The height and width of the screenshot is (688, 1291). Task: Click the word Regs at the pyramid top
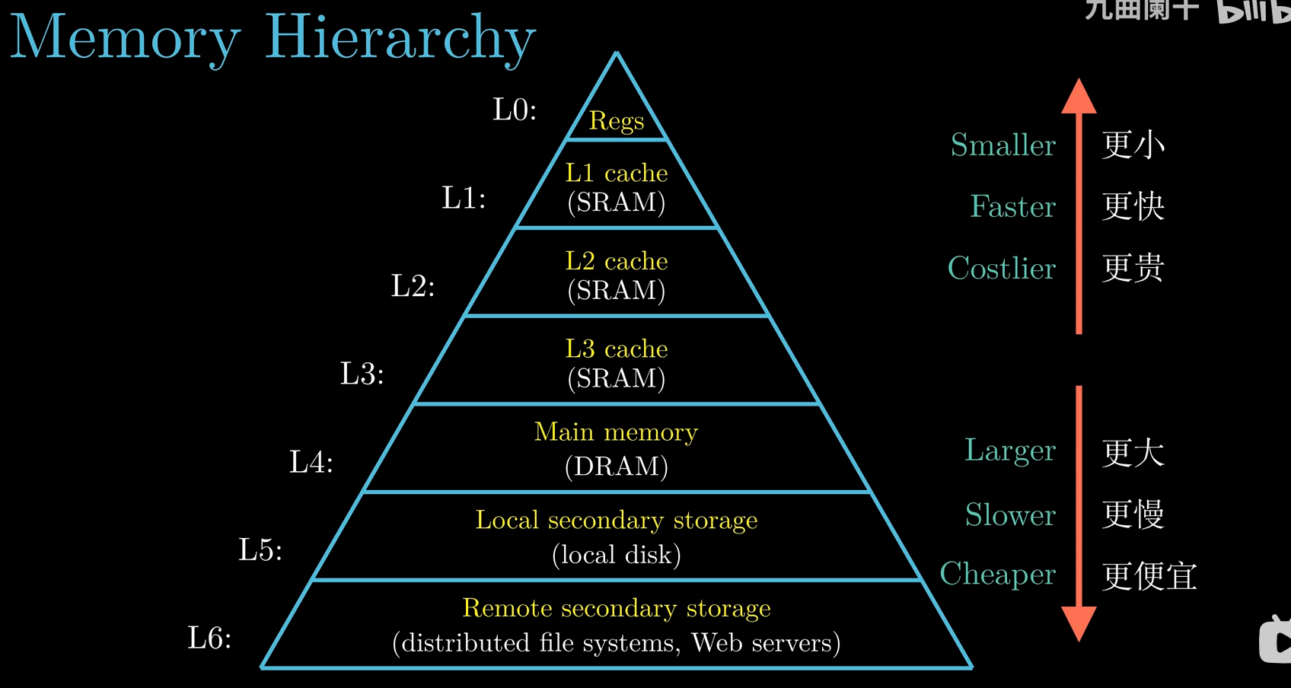(617, 121)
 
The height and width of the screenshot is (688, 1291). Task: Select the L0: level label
(515, 110)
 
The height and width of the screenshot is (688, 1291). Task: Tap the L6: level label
(209, 638)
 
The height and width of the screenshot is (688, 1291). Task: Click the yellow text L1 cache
(617, 174)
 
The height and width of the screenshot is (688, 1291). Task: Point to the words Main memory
(617, 432)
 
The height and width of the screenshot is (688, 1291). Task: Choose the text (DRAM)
(617, 466)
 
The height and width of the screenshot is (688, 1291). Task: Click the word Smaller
(1003, 145)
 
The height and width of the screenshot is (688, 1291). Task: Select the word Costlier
(1001, 268)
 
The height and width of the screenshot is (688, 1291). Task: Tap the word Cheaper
(997, 574)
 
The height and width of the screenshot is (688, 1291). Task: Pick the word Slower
(1010, 514)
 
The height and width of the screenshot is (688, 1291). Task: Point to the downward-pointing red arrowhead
(1079, 623)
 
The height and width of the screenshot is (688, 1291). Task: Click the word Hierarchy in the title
(400, 38)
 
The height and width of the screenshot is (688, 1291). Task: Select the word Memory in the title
(126, 38)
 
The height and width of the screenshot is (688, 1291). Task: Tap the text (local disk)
(617, 554)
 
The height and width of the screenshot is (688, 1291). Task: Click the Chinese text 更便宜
(1149, 575)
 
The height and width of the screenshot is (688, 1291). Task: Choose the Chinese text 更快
(1133, 206)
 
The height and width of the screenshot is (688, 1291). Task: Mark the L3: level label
(362, 374)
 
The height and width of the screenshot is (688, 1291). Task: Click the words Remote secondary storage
(617, 608)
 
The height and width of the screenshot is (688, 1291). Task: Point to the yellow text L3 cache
(617, 349)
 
